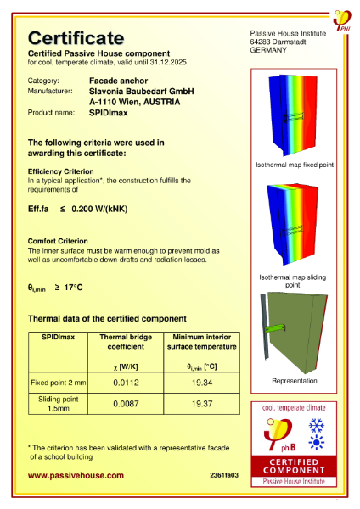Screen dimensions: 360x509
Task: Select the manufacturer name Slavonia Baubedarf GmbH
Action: (x=142, y=90)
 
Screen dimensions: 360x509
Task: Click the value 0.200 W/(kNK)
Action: (x=101, y=208)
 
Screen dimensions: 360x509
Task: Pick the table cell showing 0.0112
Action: (x=131, y=383)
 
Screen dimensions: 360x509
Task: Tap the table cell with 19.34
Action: (x=200, y=383)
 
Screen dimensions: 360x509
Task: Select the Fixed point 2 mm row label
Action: (x=59, y=383)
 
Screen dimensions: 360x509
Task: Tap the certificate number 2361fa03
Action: (x=223, y=476)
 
